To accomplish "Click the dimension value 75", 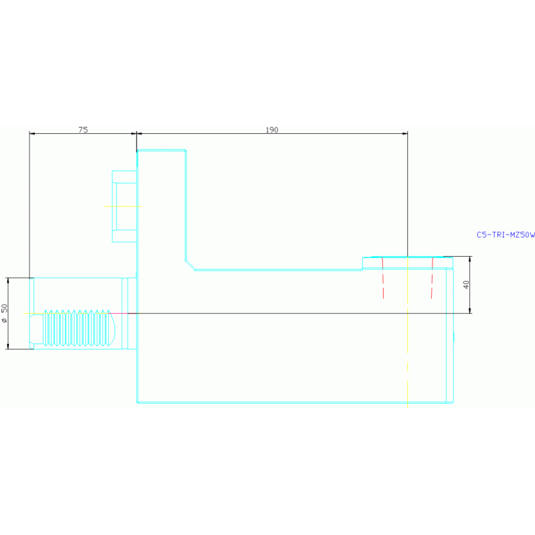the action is click(x=83, y=130).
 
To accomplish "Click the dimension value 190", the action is click(x=272, y=130).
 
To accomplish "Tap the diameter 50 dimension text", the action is click(x=5, y=312).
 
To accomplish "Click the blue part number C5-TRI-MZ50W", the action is click(x=505, y=235).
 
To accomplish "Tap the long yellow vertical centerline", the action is click(x=407, y=335).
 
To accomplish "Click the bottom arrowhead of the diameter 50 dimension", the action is click(x=8, y=346).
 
